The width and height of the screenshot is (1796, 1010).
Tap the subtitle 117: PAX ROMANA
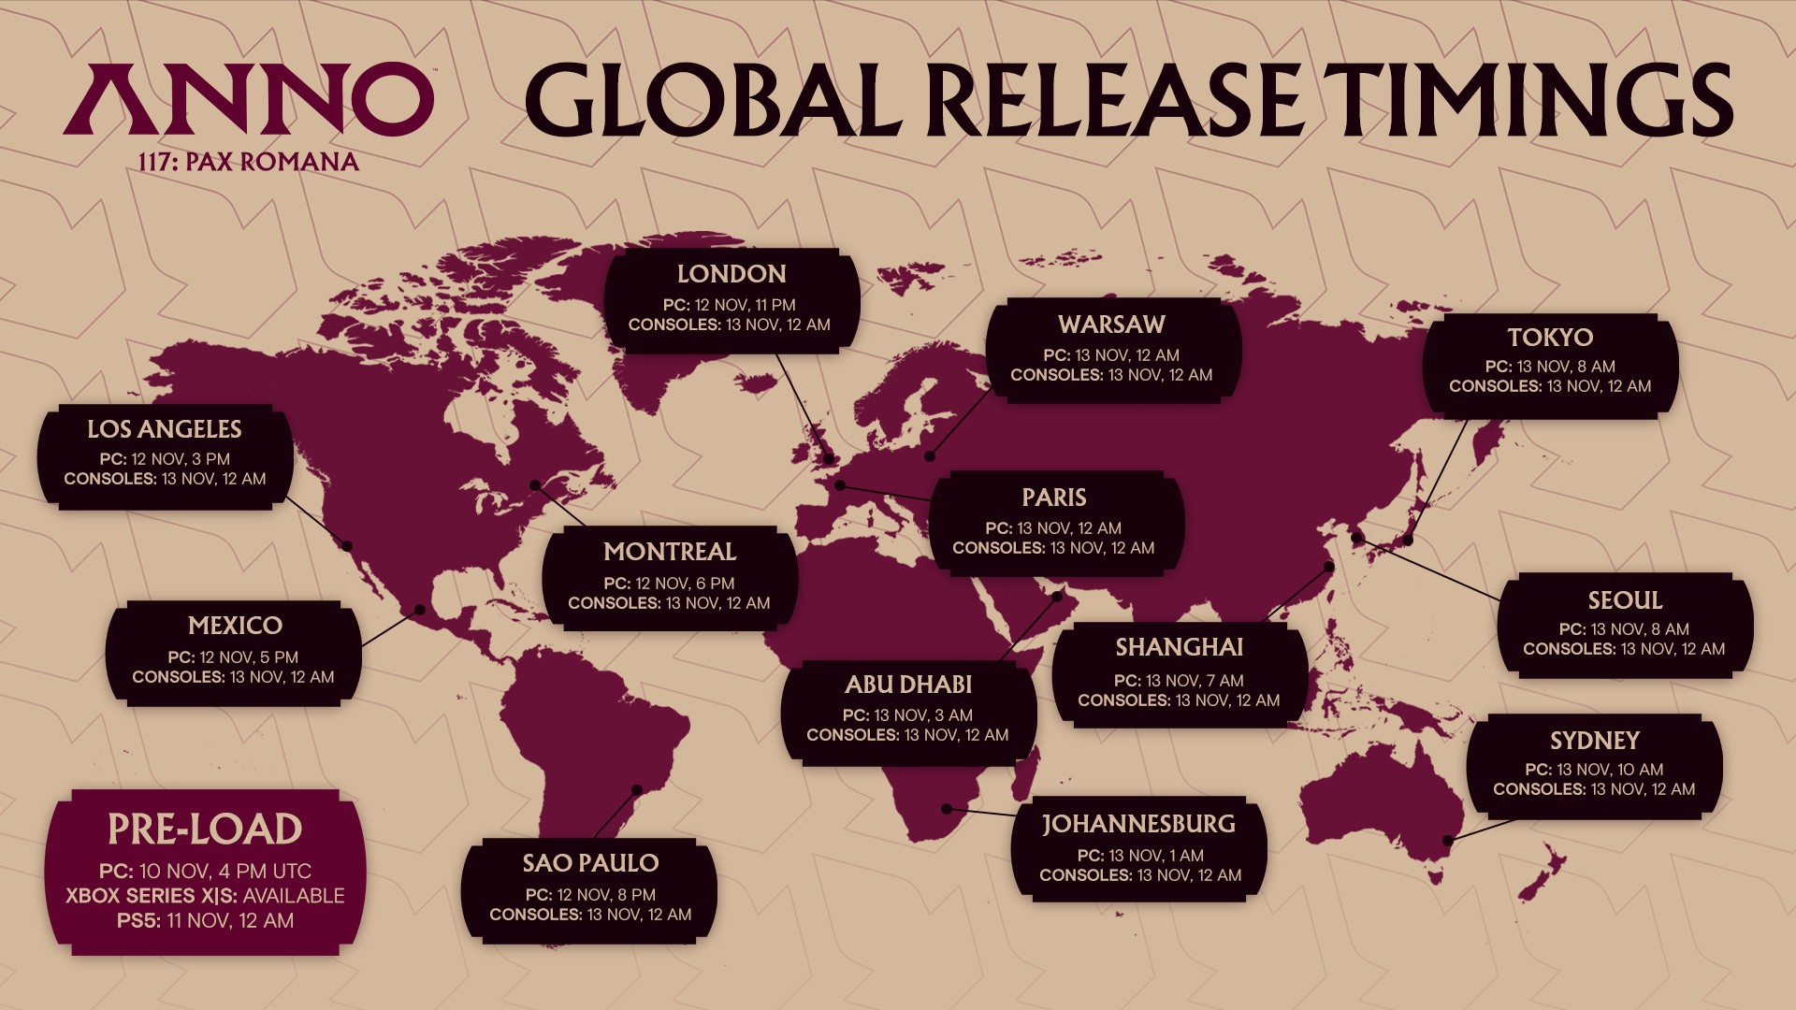point(249,162)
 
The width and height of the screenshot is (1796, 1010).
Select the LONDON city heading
point(731,274)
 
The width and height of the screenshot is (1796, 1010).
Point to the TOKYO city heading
point(1550,337)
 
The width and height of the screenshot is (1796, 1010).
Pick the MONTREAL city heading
point(670,552)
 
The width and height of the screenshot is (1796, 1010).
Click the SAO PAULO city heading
point(590,863)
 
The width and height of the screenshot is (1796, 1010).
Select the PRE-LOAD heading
point(205,830)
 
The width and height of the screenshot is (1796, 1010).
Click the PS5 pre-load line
point(205,921)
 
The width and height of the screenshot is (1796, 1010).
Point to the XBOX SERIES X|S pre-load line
point(205,896)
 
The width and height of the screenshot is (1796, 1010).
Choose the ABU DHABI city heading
point(908,685)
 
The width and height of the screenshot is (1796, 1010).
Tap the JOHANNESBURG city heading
point(1138,824)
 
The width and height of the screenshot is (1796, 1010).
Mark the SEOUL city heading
point(1625,600)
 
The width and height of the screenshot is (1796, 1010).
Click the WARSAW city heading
point(1111,325)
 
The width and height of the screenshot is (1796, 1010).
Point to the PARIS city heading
point(1054,498)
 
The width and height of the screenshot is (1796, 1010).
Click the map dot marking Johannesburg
point(947,808)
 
